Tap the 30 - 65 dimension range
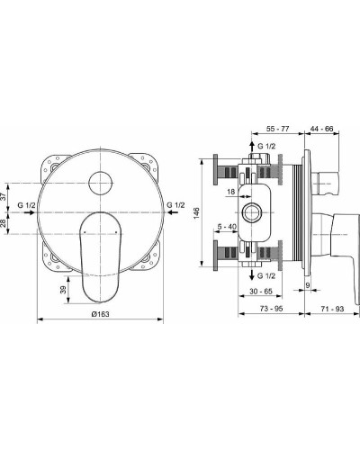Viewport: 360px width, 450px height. pyautogui.click(x=259, y=292)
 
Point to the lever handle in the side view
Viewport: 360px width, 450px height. pyautogui.click(x=337, y=243)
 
